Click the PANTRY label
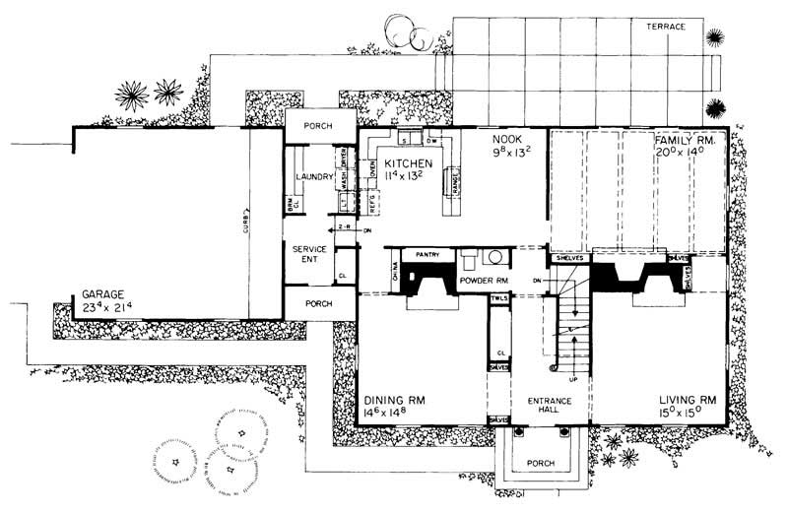pyautogui.click(x=427, y=254)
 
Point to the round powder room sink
pyautogui.click(x=495, y=259)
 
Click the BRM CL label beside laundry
pyautogui.click(x=292, y=203)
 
